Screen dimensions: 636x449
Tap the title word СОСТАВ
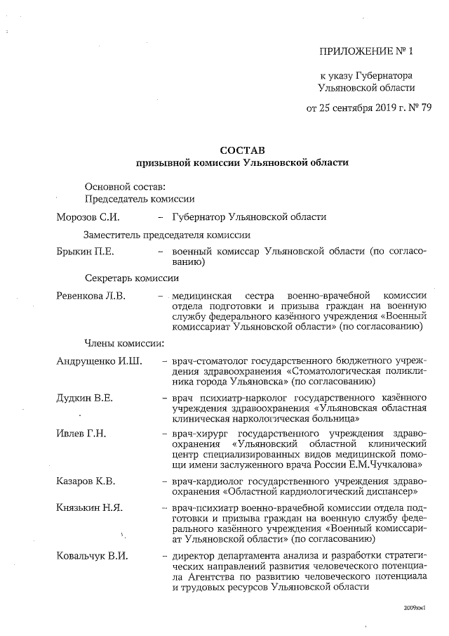243,150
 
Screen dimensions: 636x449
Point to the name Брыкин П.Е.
85,251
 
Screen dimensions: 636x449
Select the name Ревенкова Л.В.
91,296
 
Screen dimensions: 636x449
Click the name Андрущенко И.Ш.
99,361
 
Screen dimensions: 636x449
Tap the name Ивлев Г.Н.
81,432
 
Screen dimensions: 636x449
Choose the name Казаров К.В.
86,481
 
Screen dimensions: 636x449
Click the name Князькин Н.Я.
89,507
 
